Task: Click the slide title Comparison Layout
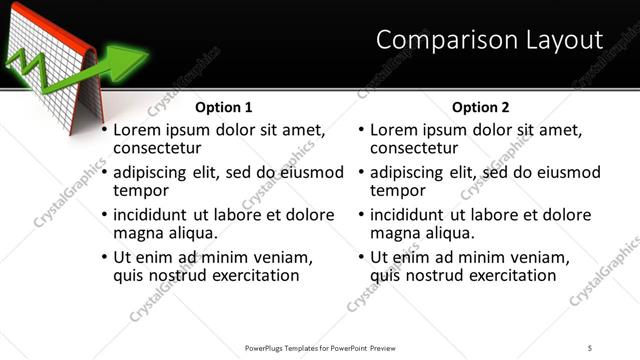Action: pyautogui.click(x=489, y=40)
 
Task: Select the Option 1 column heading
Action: pyautogui.click(x=224, y=107)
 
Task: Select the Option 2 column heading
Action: pyautogui.click(x=481, y=107)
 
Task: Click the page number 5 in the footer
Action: pyautogui.click(x=590, y=347)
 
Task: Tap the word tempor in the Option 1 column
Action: pyautogui.click(x=141, y=191)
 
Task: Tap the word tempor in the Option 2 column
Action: pyautogui.click(x=398, y=191)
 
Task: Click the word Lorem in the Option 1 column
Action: pyautogui.click(x=137, y=130)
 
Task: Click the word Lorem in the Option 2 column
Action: pyautogui.click(x=394, y=130)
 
